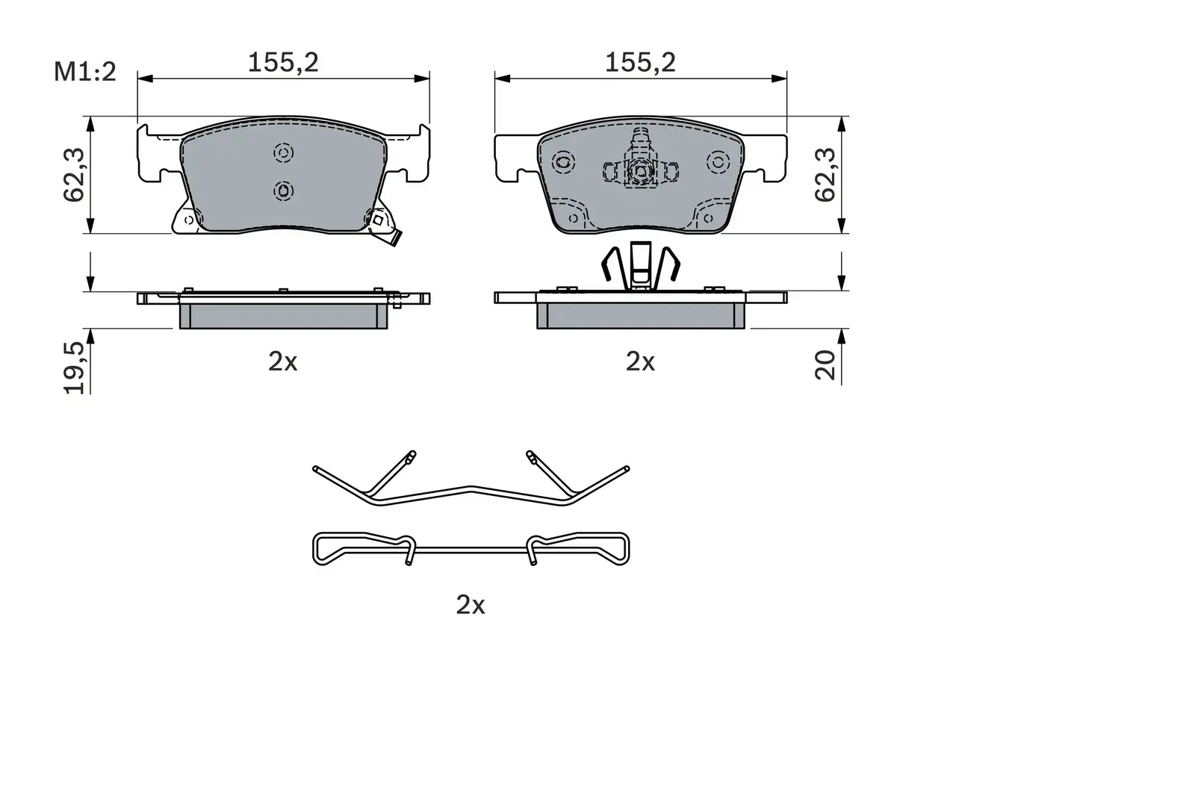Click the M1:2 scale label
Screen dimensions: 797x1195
85,72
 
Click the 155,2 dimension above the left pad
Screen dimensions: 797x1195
283,63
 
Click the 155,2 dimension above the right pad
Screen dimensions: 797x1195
640,63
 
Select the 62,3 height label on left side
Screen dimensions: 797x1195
74,174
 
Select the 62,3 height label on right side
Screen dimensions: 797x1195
825,174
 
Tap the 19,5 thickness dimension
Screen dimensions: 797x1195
74,367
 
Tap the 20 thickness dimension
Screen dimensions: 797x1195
825,365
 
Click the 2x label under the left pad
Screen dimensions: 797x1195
283,362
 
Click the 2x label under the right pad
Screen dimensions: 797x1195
640,362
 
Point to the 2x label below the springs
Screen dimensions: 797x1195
471,604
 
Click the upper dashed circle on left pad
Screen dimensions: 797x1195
283,153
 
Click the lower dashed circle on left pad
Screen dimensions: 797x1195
283,191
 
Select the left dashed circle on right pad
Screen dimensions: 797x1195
563,161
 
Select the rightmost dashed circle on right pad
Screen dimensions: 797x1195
718,161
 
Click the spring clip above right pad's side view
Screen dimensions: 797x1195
641,266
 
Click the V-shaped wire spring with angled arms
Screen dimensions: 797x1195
471,490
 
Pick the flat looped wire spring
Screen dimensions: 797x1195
471,549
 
